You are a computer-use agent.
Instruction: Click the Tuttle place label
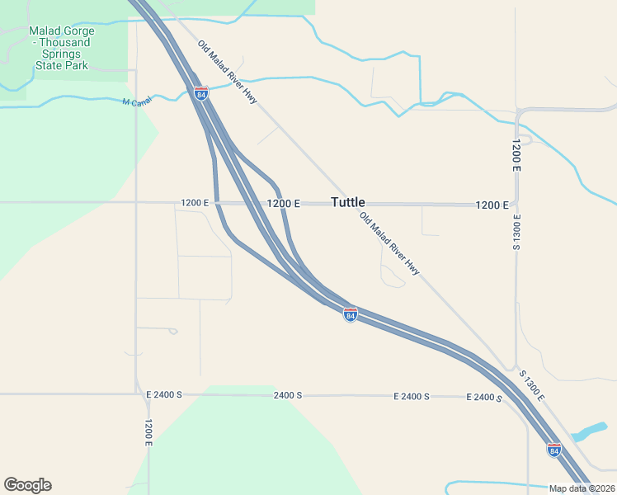coord(347,202)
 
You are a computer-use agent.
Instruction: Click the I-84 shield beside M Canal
coord(201,93)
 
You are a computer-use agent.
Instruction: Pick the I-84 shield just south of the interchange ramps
coord(351,315)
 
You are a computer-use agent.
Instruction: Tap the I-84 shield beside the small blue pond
coord(553,450)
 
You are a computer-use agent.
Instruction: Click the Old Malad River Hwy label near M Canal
coord(228,73)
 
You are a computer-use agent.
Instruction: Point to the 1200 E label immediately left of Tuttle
coord(283,203)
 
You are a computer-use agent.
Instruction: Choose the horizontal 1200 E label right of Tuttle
coord(492,205)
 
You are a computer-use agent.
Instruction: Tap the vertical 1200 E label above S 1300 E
coord(516,154)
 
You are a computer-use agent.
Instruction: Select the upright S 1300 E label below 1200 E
coord(516,232)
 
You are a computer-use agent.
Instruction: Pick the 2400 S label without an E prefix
coord(288,395)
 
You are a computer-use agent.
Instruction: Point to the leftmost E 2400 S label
coord(163,395)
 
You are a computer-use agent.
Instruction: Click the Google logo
coord(27,485)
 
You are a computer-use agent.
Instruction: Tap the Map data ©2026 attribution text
coord(582,488)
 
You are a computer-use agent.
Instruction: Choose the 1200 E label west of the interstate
coord(196,203)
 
